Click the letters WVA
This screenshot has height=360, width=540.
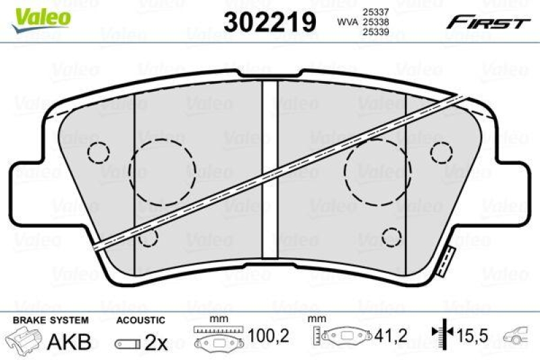tap(348, 22)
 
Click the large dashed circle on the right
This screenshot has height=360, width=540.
tap(376, 176)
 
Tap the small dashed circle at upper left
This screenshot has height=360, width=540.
tap(99, 154)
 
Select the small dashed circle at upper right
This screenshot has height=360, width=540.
tap(441, 152)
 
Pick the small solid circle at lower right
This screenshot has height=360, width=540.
tap(391, 236)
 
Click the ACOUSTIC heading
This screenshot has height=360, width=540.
tap(140, 319)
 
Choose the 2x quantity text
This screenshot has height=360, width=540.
tap(157, 342)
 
